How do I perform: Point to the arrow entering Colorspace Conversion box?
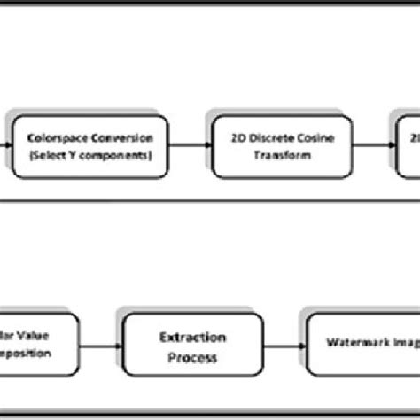tap(10, 144)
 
